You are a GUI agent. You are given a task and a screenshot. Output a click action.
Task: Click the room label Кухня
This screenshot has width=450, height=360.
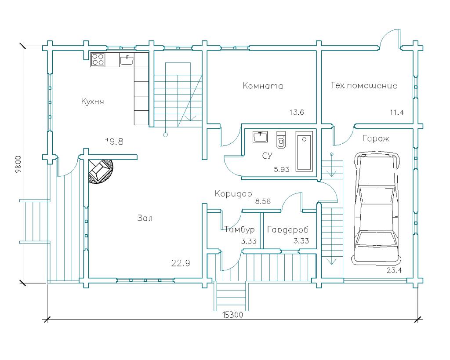(x=92, y=102)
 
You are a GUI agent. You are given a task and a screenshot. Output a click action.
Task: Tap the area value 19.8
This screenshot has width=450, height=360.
(x=114, y=142)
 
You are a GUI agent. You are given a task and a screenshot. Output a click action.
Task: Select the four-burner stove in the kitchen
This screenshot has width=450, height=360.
(x=98, y=60)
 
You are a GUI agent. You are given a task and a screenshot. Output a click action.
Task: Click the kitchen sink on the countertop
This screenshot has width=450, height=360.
(x=127, y=60)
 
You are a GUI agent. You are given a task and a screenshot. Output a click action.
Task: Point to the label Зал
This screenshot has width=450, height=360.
(x=145, y=218)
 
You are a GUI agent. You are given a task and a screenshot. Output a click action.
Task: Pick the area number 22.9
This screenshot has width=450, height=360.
(x=181, y=263)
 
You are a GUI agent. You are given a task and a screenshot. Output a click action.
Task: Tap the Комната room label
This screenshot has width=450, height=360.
(x=263, y=86)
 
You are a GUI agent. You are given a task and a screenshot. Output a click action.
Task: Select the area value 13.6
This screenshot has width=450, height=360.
(x=297, y=112)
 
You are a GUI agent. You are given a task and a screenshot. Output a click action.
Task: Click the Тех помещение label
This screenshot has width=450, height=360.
(x=363, y=86)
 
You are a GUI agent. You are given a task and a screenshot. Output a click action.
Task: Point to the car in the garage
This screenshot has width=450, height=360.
(x=376, y=208)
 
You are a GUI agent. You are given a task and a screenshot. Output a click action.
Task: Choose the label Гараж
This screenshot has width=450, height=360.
(x=376, y=139)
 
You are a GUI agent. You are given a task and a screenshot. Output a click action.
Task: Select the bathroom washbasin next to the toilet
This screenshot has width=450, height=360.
(x=260, y=137)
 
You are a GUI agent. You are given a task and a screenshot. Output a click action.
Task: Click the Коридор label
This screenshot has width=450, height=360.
(x=233, y=194)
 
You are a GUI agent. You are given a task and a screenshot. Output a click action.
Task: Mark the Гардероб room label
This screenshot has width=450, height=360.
(x=287, y=229)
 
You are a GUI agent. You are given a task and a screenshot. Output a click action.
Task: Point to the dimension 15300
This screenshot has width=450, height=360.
(x=233, y=315)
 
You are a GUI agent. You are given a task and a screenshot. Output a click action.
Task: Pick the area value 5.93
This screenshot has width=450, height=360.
(x=282, y=169)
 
